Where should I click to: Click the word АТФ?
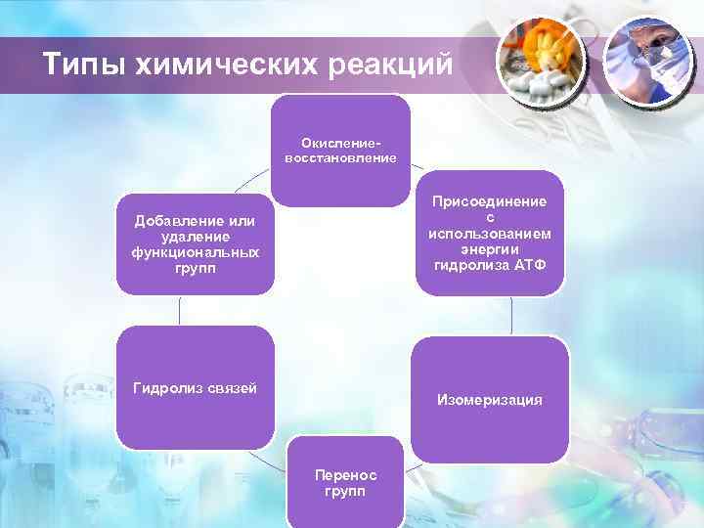pyautogui.click(x=528, y=266)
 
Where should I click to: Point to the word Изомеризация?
pyautogui.click(x=490, y=400)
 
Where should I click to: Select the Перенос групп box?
pyautogui.click(x=344, y=481)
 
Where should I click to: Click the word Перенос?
pyautogui.click(x=344, y=474)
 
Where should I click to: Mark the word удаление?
pyautogui.click(x=195, y=237)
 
